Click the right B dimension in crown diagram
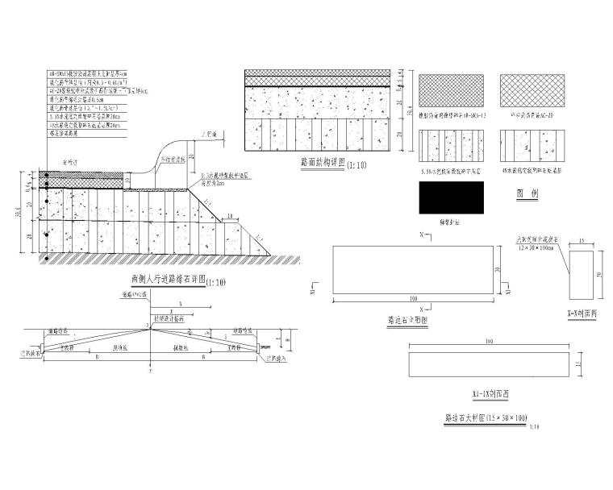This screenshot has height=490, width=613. click(x=205, y=355)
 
